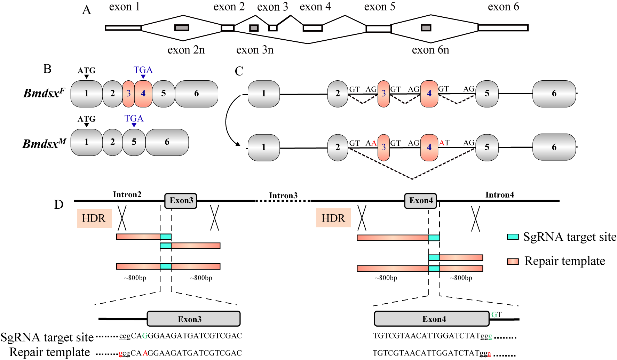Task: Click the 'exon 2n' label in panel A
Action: point(186,50)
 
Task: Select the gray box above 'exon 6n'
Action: point(426,28)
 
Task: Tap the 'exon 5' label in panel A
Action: point(379,7)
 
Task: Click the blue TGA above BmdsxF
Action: point(143,70)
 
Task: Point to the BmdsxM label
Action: point(44,143)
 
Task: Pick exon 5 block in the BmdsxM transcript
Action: point(134,142)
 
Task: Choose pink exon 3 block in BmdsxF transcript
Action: point(128,94)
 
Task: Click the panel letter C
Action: point(239,71)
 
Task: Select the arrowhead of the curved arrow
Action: point(238,144)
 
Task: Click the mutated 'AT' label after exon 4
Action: point(444,143)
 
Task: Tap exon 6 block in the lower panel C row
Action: point(554,147)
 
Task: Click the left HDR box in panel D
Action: point(94,218)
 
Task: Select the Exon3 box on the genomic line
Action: point(181,201)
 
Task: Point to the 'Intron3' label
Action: point(283,195)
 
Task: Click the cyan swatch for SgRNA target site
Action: point(513,237)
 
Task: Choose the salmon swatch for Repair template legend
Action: point(513,262)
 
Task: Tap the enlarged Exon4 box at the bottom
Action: point(432,319)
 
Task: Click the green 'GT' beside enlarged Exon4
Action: point(496,315)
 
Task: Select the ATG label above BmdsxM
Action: point(86,119)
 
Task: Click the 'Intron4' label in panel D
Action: point(499,195)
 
